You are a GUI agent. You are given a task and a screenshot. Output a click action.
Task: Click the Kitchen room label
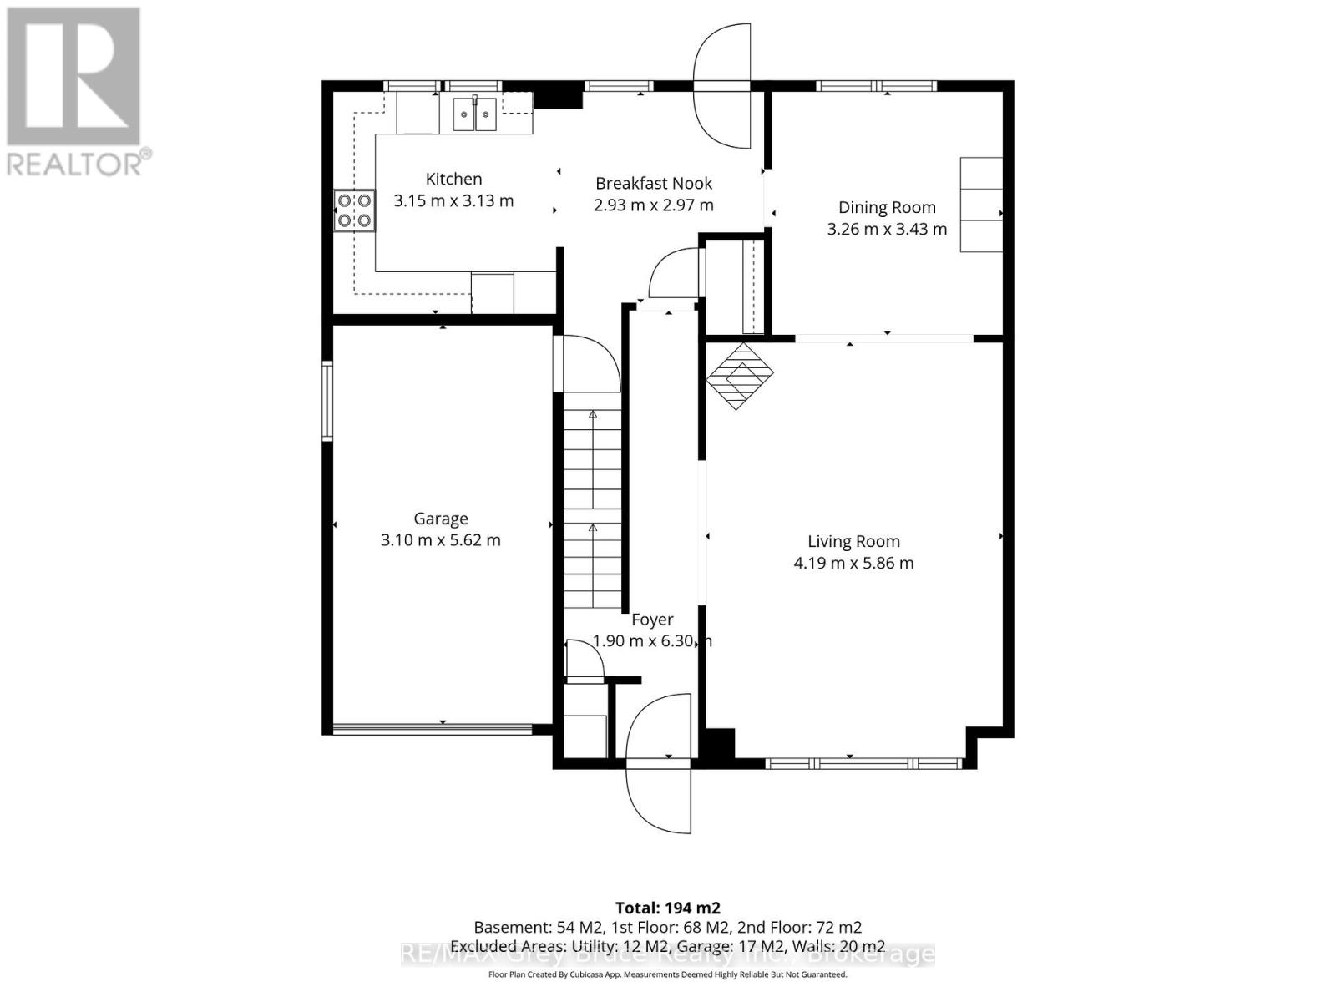point(453,179)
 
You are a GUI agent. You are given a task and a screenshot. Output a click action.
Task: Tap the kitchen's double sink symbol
point(474,114)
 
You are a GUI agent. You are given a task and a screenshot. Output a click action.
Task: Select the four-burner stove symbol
point(355,210)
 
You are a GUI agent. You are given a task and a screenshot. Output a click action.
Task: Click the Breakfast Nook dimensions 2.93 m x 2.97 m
point(653,205)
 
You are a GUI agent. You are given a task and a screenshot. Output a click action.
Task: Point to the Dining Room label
point(887,207)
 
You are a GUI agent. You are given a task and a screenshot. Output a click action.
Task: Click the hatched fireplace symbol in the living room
point(739,376)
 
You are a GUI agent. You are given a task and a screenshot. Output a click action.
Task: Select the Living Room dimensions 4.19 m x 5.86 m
point(853,563)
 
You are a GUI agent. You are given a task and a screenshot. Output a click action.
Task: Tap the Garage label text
point(441,519)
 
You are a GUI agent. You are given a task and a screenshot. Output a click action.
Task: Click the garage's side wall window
point(327,401)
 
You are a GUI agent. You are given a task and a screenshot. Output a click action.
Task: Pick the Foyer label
point(652,620)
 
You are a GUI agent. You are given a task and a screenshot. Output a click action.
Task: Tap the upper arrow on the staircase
point(593,415)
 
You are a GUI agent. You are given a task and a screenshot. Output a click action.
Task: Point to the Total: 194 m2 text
point(667,908)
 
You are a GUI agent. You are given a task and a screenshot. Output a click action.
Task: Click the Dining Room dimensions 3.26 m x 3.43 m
point(887,229)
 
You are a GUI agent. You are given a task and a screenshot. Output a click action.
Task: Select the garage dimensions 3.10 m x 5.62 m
point(441,540)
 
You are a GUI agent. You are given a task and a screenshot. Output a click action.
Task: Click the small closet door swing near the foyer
point(584,660)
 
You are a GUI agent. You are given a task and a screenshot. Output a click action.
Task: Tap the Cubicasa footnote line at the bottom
point(667,974)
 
